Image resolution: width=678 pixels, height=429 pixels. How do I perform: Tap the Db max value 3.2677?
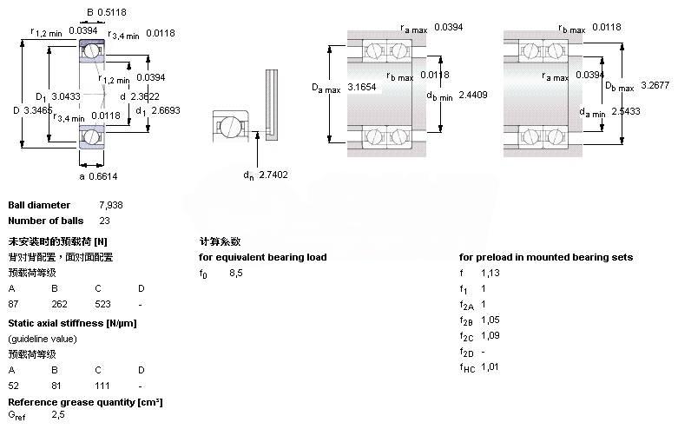click(658, 84)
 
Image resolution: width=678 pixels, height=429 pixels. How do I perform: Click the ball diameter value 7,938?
click(111, 206)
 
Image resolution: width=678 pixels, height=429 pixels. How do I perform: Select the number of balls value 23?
click(104, 221)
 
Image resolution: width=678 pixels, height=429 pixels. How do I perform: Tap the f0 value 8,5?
click(236, 274)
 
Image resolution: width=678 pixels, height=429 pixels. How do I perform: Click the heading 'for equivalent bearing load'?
click(263, 257)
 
